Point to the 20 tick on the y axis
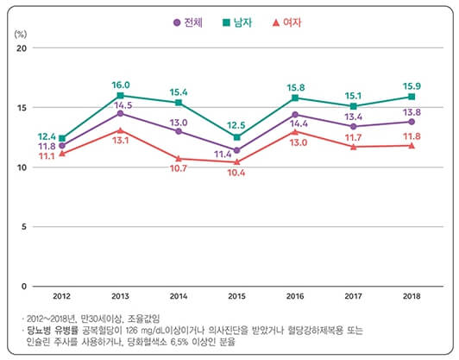click(x=23, y=48)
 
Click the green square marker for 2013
click(x=120, y=95)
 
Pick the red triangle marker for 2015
click(x=236, y=161)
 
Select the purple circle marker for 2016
click(x=295, y=114)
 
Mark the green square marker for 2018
click(x=412, y=97)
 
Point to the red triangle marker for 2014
click(x=179, y=158)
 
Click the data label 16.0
click(x=120, y=85)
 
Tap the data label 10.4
click(x=236, y=174)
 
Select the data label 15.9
click(x=412, y=85)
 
